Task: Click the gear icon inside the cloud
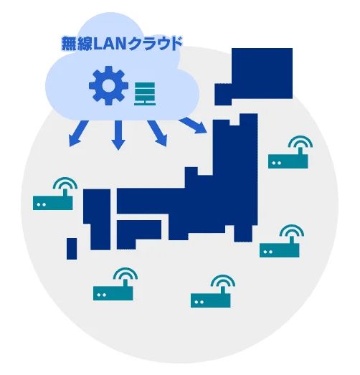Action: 108,85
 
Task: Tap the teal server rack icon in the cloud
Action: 145,94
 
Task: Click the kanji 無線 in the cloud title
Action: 77,44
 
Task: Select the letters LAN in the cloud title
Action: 110,44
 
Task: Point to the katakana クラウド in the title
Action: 155,43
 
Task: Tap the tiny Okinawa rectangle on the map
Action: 72,249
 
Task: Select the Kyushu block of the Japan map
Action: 98,219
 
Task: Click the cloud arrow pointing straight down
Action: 118,135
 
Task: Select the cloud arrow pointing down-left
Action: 77,134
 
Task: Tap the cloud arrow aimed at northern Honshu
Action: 194,125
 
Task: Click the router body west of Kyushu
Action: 53,203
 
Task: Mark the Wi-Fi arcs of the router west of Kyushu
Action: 65,184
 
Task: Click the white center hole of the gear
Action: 108,85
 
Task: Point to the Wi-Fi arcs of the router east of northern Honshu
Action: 300,142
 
